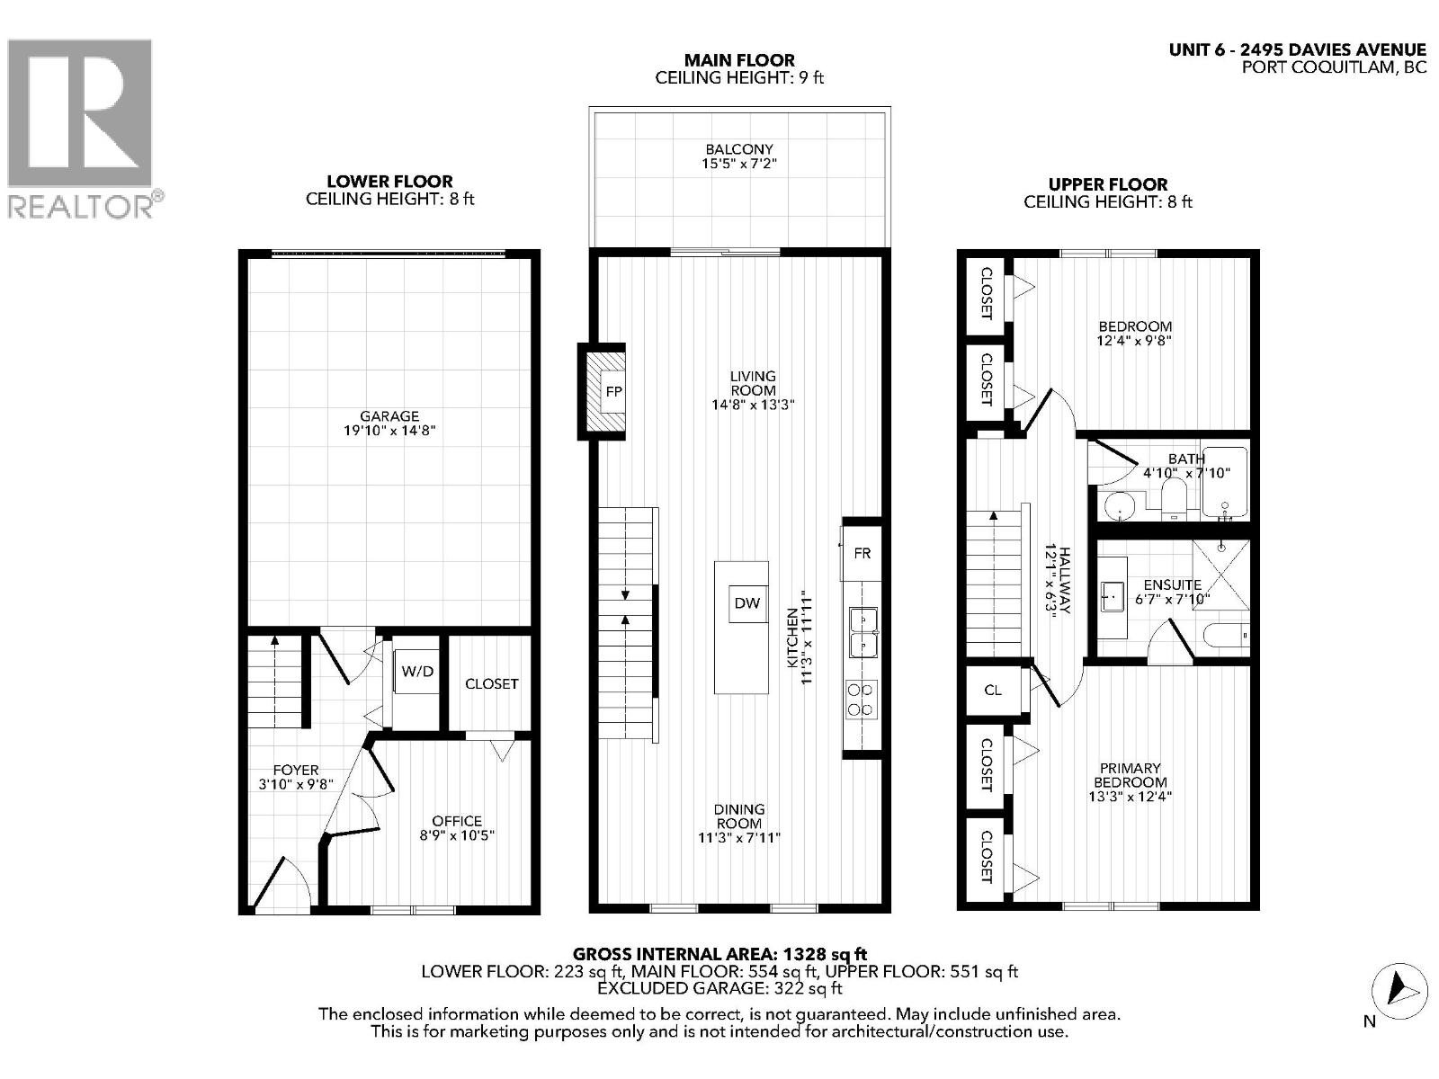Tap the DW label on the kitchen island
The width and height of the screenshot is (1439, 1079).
pos(746,603)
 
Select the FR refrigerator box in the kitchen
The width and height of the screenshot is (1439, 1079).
pos(862,553)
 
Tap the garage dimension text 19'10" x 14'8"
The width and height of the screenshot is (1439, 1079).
pos(389,432)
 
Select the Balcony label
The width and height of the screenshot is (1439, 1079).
pos(739,149)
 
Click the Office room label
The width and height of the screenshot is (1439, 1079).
pos(457,821)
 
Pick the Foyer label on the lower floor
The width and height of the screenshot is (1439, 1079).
pos(296,770)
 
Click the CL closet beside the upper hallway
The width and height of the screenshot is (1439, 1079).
pos(993,691)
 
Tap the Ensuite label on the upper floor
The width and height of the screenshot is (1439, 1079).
pos(1173,584)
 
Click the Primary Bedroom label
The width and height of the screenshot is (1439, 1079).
pos(1130,775)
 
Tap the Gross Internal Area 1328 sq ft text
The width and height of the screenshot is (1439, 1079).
pos(719,954)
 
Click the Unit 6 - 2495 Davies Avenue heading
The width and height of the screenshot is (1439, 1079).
pos(1297,50)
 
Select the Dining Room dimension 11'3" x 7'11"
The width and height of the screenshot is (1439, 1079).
pos(739,838)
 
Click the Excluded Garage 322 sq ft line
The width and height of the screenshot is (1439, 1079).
pos(719,988)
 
